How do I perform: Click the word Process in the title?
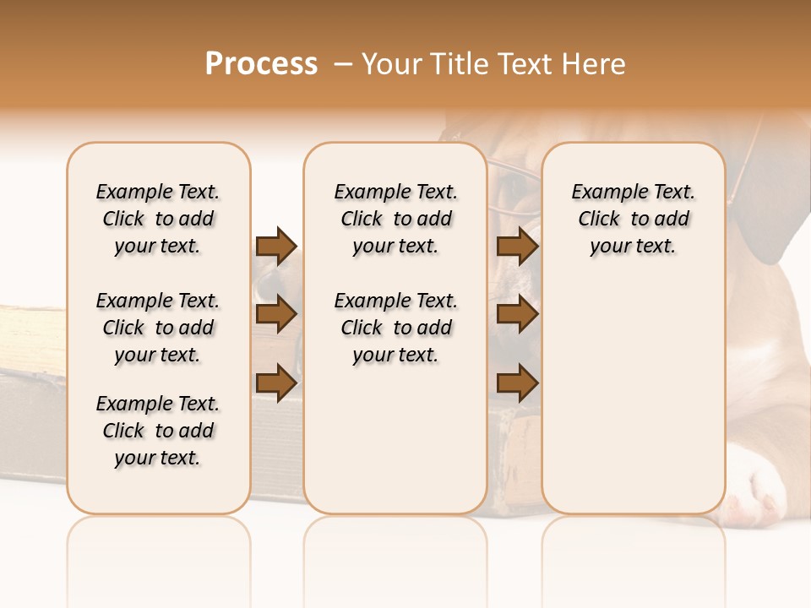click(x=261, y=64)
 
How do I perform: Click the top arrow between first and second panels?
click(x=276, y=246)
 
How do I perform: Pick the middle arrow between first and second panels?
click(x=276, y=314)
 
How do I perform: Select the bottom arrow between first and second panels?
click(x=276, y=383)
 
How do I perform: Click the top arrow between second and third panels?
click(x=517, y=246)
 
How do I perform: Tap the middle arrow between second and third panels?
click(x=517, y=314)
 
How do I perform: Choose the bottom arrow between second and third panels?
click(x=517, y=383)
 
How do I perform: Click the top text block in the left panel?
click(x=158, y=219)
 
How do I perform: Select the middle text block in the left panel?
click(x=158, y=328)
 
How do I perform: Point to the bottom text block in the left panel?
click(x=158, y=431)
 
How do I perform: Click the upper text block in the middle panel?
click(x=395, y=219)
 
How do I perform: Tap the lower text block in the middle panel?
click(x=395, y=328)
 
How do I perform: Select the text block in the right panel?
click(x=633, y=219)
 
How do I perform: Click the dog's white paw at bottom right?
click(x=760, y=498)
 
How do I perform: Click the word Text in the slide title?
click(x=526, y=64)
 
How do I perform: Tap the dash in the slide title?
click(x=343, y=64)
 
